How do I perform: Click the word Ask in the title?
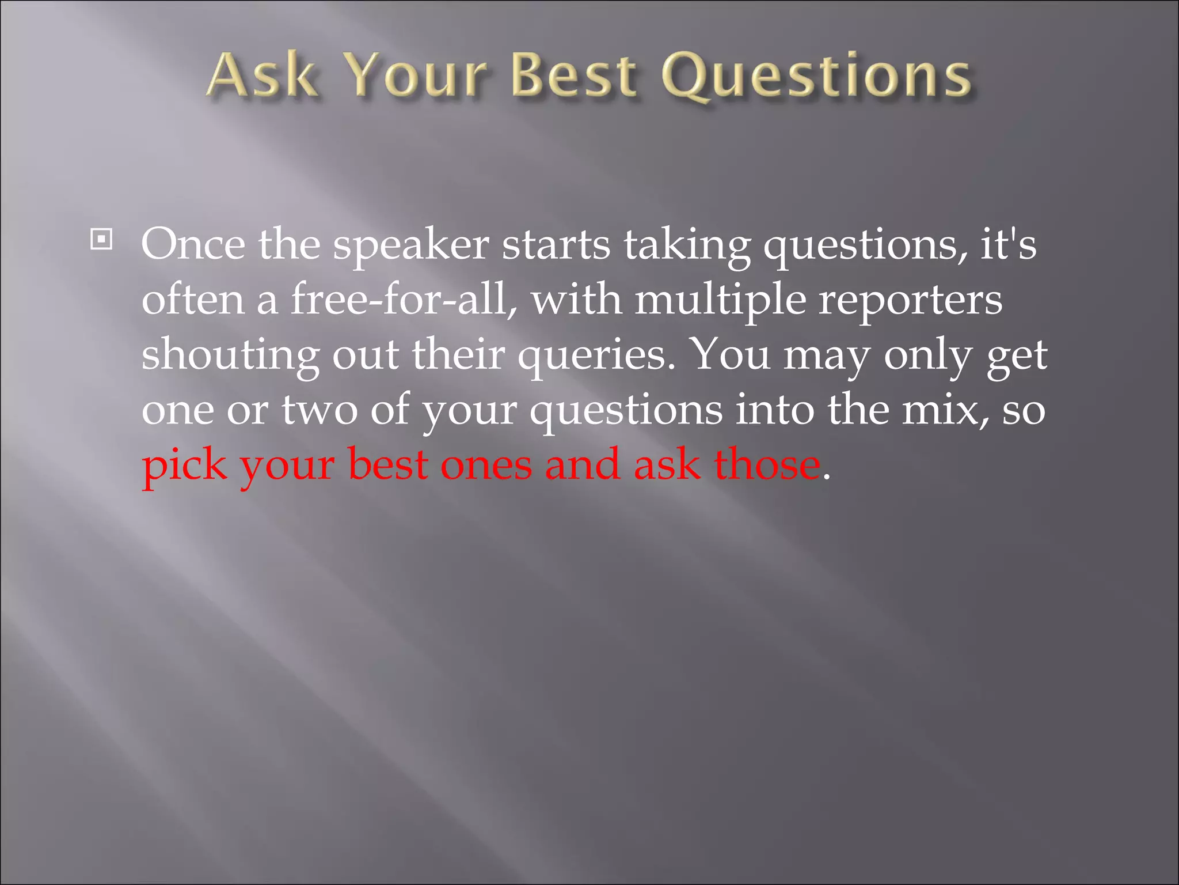tap(262, 75)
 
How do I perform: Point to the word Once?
tap(193, 245)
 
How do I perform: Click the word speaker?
tap(411, 247)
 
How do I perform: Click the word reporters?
tap(910, 301)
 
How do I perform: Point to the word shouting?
tap(231, 355)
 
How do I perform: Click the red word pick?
tap(184, 466)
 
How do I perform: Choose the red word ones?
tap(486, 466)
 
